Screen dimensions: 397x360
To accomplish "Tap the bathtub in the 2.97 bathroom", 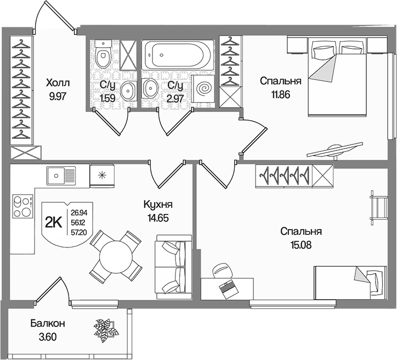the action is tap(177, 55).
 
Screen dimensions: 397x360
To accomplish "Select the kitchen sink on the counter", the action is tap(61, 176).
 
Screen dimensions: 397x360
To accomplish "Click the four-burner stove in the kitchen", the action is tap(23, 206).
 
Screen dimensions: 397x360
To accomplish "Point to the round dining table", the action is tap(116, 256).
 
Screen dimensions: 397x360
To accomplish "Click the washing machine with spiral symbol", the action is tap(203, 88).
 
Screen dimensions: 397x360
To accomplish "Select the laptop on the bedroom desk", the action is tap(228, 289).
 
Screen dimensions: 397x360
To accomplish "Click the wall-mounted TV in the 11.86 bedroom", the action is tap(334, 151).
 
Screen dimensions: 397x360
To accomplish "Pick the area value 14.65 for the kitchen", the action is tap(158, 218).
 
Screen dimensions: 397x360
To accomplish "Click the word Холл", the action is tap(58, 82).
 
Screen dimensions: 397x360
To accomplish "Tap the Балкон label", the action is tap(48, 323).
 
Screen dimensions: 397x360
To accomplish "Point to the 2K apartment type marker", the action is tap(54, 223).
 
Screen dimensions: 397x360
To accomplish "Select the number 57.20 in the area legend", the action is tap(79, 232).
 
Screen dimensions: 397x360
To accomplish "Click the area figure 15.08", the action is tap(301, 245).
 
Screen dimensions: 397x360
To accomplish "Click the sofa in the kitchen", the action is tap(174, 267).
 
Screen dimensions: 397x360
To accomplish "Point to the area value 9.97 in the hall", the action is tap(58, 96).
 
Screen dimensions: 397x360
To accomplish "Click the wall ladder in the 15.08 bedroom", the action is tap(378, 208).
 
